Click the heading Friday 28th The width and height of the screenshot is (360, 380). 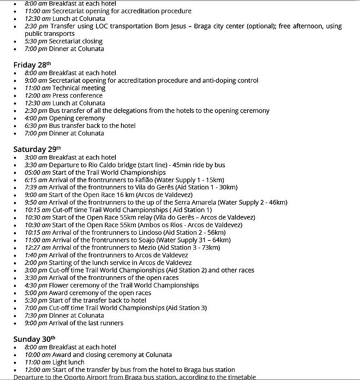[x=32, y=65]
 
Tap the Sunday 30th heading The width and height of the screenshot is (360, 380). [x=34, y=339]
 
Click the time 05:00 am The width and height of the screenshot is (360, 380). [x=38, y=173]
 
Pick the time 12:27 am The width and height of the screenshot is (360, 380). [x=38, y=248]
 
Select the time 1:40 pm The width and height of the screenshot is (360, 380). [x=36, y=255]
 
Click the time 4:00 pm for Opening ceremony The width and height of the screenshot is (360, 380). [x=36, y=118]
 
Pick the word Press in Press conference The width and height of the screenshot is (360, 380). [x=61, y=96]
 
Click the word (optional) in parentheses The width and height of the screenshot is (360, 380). [x=256, y=26]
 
